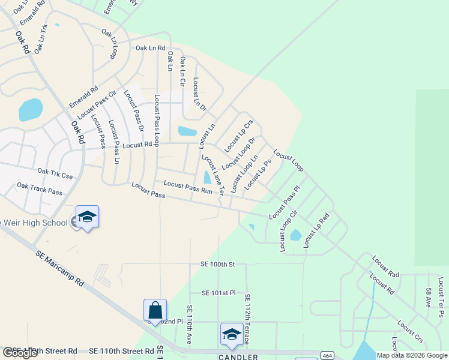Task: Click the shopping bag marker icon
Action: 155,311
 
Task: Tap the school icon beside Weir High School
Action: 87,217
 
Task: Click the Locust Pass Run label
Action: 188,187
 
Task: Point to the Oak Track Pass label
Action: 40,189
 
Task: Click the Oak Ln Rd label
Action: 150,48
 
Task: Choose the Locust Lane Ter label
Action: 212,175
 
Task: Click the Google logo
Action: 20,353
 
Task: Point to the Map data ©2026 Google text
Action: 412,355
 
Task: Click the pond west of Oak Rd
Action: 31,110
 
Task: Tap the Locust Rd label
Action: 136,145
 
